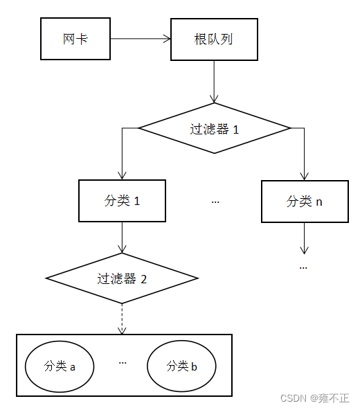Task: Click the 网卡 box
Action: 75,39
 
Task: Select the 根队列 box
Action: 213,39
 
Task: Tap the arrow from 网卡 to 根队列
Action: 141,39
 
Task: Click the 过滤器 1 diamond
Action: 215,128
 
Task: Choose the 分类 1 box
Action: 122,201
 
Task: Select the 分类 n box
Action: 304,202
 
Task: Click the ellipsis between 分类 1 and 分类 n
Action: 215,202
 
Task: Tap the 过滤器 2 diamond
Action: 122,278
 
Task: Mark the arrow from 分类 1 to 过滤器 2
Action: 122,238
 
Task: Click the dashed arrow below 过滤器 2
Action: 122,319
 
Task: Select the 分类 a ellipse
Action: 59,366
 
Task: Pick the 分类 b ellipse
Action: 181,366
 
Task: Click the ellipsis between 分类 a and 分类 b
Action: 123,362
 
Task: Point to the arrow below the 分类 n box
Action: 304,239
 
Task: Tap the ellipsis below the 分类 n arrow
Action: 304,267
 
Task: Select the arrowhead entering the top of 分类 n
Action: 304,176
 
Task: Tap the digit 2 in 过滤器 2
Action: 143,279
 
